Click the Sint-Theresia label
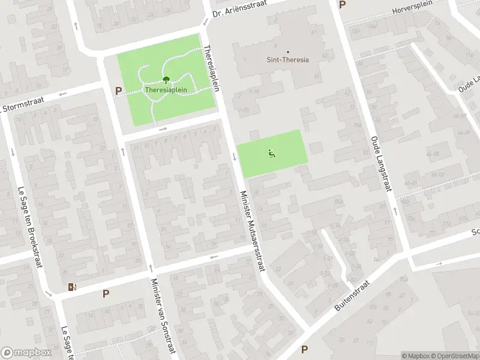pos(287,59)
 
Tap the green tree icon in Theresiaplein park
pos(166,79)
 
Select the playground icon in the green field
pos(271,153)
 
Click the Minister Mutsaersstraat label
pos(252,231)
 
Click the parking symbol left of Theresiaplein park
pos(118,91)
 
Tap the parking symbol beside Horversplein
pos(343,5)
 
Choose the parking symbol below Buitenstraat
pos(304,349)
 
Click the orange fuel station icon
pos(73,287)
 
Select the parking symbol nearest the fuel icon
pos(106,293)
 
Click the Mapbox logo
pos(25,353)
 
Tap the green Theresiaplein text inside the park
pos(165,90)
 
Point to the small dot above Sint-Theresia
pos(287,52)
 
